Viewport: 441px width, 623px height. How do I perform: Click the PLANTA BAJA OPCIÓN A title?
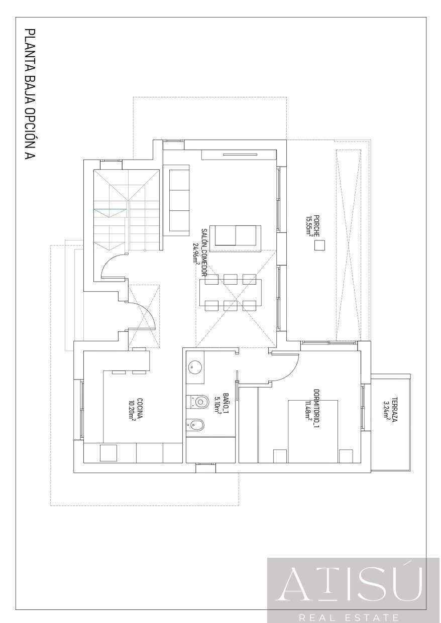pos(30,95)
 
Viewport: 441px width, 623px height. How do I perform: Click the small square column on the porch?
pos(319,245)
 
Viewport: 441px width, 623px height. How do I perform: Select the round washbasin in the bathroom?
pos(195,367)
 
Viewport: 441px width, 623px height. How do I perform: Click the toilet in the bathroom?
pos(199,401)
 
